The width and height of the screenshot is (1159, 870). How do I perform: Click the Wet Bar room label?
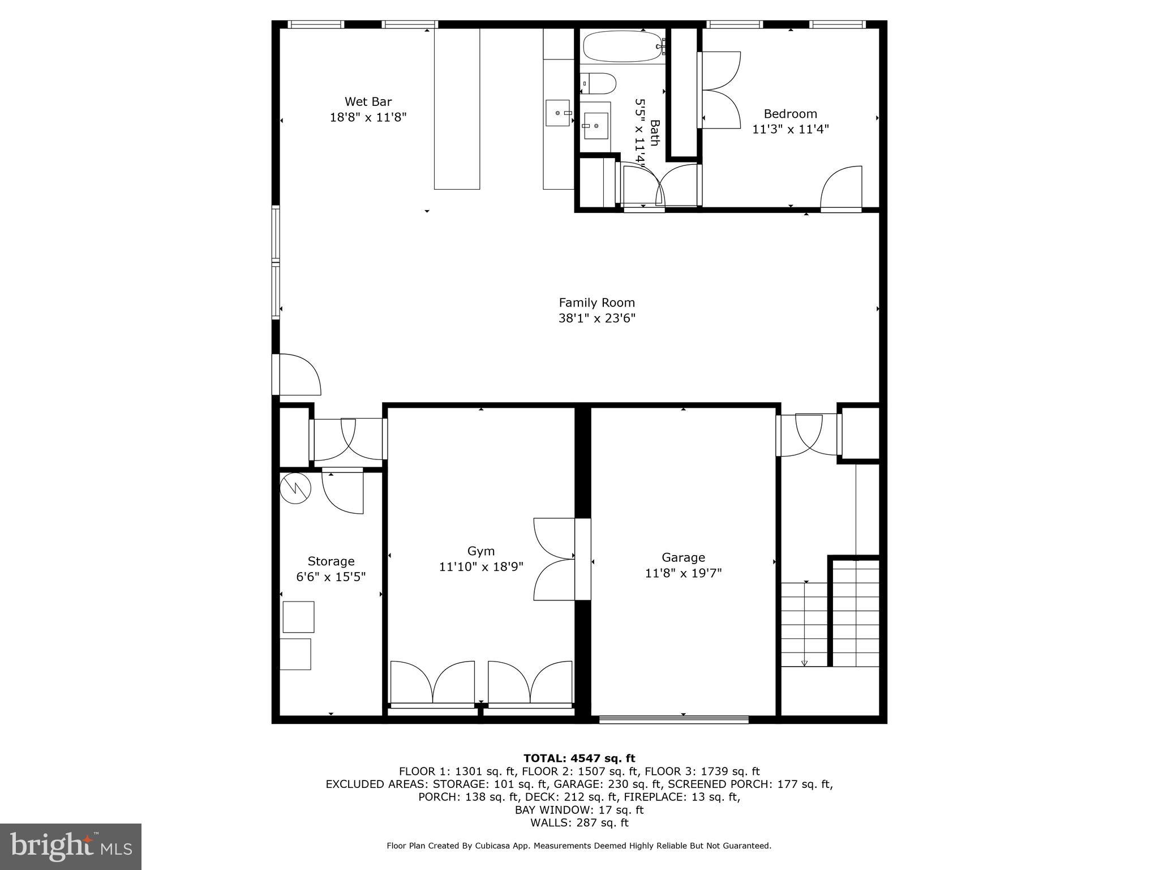point(368,102)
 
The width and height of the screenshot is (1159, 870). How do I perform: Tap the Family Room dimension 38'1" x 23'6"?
point(596,318)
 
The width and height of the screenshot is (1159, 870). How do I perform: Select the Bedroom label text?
point(790,114)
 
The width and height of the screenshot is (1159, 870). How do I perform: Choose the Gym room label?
point(480,551)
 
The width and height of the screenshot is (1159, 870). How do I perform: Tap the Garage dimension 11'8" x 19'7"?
point(683,573)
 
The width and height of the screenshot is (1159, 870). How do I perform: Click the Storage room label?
point(331,561)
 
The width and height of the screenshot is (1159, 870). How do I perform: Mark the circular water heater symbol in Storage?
point(295,488)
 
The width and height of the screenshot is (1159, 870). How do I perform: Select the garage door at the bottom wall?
point(673,719)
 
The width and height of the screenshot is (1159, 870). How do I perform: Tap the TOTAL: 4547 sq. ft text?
point(579,758)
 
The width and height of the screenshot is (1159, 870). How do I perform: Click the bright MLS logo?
point(71,846)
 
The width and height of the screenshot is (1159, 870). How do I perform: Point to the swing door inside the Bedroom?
point(842,189)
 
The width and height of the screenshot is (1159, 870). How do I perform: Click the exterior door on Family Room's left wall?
point(297,375)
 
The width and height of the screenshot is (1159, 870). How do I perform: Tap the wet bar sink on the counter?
point(557,113)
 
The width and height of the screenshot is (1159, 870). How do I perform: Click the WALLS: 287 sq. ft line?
point(579,823)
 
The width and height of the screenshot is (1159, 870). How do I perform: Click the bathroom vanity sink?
point(595,126)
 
